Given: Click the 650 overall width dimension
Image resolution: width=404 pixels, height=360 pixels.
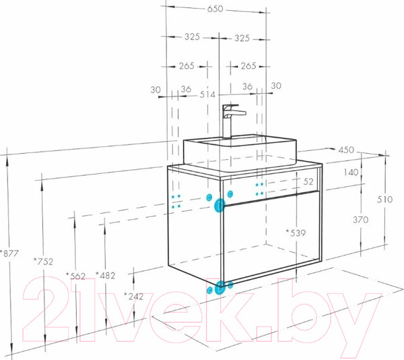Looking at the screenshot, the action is click(215, 9).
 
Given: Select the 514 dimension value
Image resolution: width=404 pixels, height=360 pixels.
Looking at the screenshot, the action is click(207, 94).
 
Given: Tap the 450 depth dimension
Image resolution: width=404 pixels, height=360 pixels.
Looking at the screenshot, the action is click(346, 150).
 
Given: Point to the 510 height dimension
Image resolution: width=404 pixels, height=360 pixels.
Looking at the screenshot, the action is click(385, 199).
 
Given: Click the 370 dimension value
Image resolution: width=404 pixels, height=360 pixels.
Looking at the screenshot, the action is click(360, 220).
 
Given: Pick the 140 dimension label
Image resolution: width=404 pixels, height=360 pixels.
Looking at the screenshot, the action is click(351, 172).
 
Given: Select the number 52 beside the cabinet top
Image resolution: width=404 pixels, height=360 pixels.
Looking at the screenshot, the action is click(308, 181).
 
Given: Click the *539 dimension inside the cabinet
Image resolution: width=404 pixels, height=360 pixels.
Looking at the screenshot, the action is click(296, 233).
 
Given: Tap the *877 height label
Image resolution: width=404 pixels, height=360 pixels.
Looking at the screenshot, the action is click(9, 253).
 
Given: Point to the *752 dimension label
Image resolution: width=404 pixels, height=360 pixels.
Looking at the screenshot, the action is click(44, 262).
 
